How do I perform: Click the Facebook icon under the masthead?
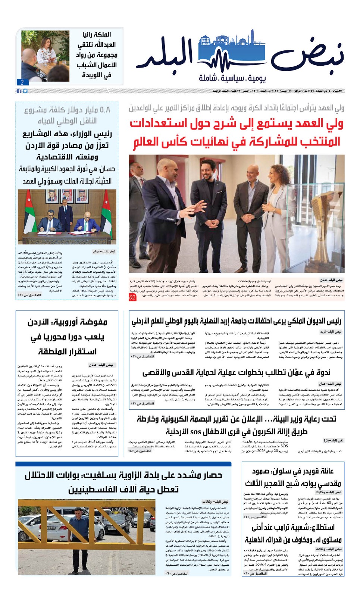click(x=19, y=91)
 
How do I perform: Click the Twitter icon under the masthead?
click(x=25, y=91)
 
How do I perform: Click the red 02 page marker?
click(x=132, y=297)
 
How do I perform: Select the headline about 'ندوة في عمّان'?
click(x=236, y=372)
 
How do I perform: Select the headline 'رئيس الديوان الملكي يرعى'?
click(x=236, y=321)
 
